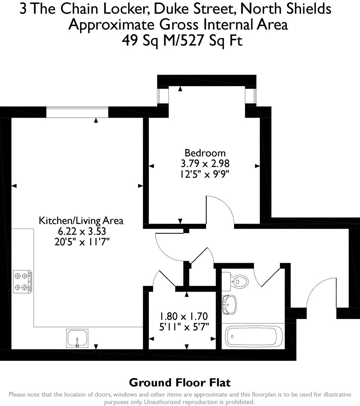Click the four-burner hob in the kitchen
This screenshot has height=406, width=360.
click(22, 282)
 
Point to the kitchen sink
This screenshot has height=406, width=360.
click(77, 338)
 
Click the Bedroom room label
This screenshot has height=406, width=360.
click(205, 153)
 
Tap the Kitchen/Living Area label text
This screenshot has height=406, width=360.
click(81, 220)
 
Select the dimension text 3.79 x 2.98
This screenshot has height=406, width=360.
click(205, 164)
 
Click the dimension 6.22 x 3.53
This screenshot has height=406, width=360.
click(81, 231)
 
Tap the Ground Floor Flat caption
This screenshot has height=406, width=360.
click(180, 383)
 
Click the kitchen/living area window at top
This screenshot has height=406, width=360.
click(77, 112)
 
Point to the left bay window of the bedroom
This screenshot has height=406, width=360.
click(163, 96)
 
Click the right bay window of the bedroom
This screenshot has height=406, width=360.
click(251, 96)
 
